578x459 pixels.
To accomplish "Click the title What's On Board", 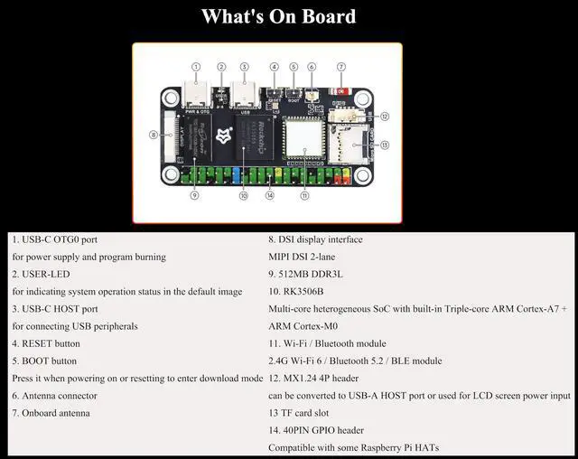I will pyautogui.click(x=278, y=16).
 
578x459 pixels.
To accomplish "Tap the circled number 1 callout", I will pyautogui.click(x=195, y=67).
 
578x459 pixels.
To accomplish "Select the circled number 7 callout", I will pyautogui.click(x=340, y=67).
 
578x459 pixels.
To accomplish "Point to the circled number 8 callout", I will pyautogui.click(x=154, y=136).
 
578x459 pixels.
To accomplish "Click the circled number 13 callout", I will pyautogui.click(x=384, y=145).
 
